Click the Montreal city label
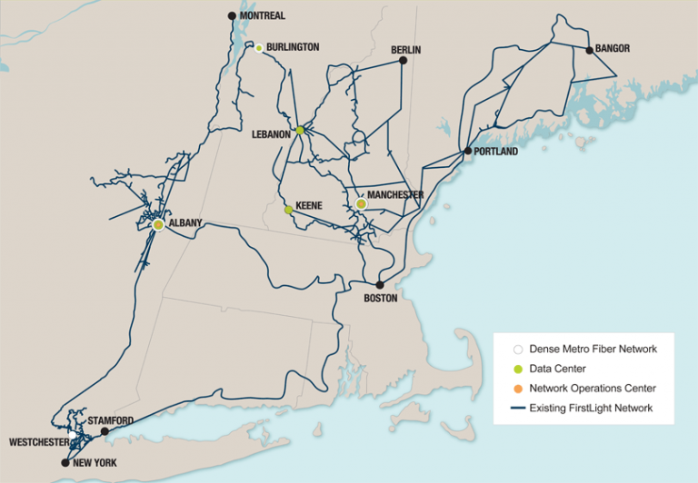[x=263, y=16]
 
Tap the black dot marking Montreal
[x=231, y=16]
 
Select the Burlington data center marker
[x=259, y=47]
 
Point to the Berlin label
[x=406, y=50]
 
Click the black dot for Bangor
[x=590, y=50]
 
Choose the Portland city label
[x=496, y=152]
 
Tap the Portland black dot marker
[x=468, y=152]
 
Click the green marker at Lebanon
[x=300, y=130]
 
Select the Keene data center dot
[x=288, y=210]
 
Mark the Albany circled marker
[x=158, y=224]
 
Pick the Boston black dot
[x=381, y=284]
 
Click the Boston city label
[x=381, y=298]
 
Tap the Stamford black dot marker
[x=105, y=431]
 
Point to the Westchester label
[x=39, y=442]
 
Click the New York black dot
[x=65, y=462]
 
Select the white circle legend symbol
[x=518, y=349]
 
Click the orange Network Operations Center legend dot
[x=518, y=389]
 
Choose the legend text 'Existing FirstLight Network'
[x=591, y=409]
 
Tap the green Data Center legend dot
[x=518, y=369]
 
